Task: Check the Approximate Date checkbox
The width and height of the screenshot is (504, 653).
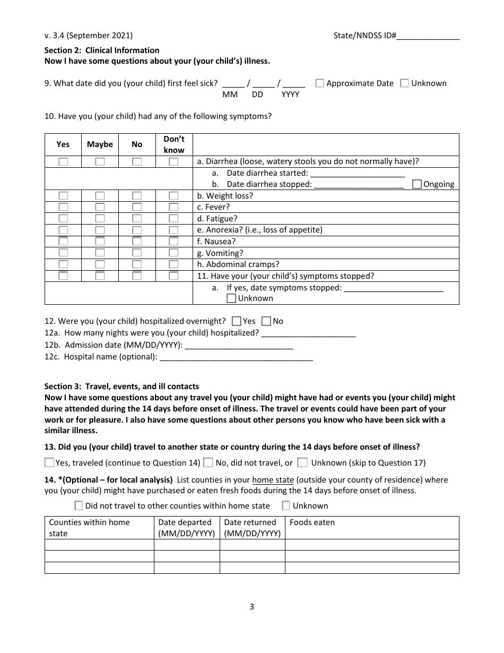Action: (x=320, y=83)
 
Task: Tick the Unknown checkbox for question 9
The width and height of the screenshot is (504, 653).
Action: (x=404, y=83)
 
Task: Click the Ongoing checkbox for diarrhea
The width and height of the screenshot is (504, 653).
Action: (x=416, y=184)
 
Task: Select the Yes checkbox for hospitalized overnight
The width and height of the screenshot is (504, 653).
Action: (x=237, y=321)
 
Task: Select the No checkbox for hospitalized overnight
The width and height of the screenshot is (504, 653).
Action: (x=266, y=321)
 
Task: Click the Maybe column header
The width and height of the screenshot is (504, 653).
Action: (x=100, y=144)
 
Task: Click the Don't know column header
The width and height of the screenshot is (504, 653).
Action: (x=174, y=144)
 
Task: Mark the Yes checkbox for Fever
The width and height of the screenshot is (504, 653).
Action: (x=63, y=207)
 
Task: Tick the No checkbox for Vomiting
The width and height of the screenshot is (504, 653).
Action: (x=137, y=253)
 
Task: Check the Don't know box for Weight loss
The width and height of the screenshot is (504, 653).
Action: (x=173, y=196)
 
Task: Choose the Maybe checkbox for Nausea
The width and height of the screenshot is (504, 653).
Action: (x=100, y=242)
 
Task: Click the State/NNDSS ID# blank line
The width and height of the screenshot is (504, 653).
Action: (x=428, y=36)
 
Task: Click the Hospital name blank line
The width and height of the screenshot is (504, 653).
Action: (x=236, y=357)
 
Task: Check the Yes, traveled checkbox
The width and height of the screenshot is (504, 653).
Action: (x=49, y=462)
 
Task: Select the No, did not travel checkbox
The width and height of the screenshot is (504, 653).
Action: (x=208, y=462)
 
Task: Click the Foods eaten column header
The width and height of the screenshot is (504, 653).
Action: (x=312, y=522)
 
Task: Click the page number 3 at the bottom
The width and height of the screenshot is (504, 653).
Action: (x=252, y=607)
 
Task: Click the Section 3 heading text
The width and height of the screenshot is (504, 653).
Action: (x=121, y=386)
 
